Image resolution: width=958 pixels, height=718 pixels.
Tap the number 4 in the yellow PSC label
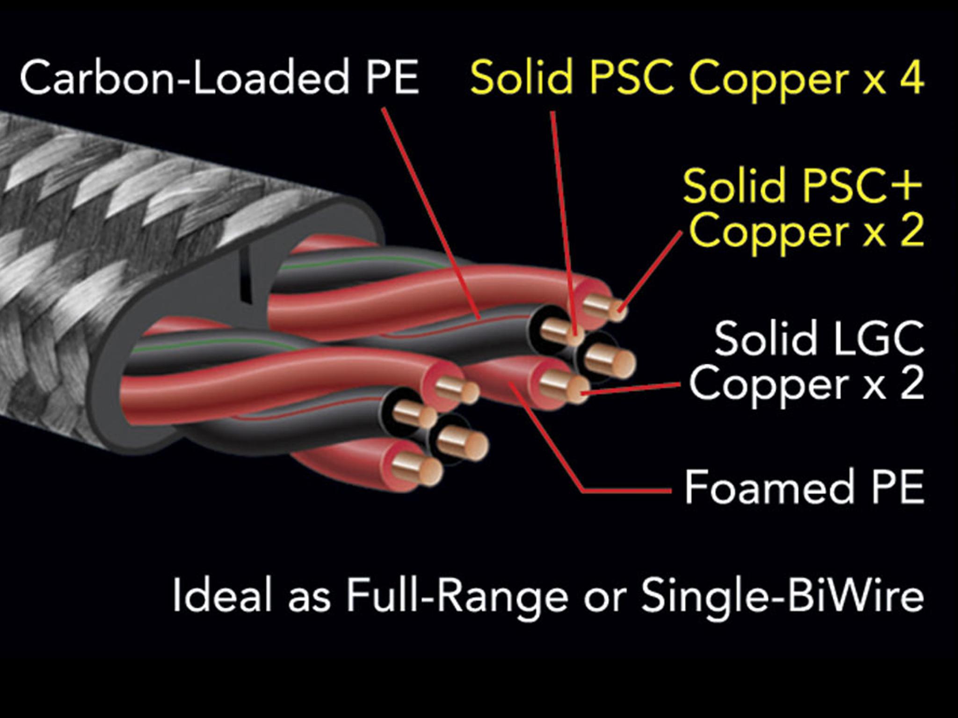tap(910, 77)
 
